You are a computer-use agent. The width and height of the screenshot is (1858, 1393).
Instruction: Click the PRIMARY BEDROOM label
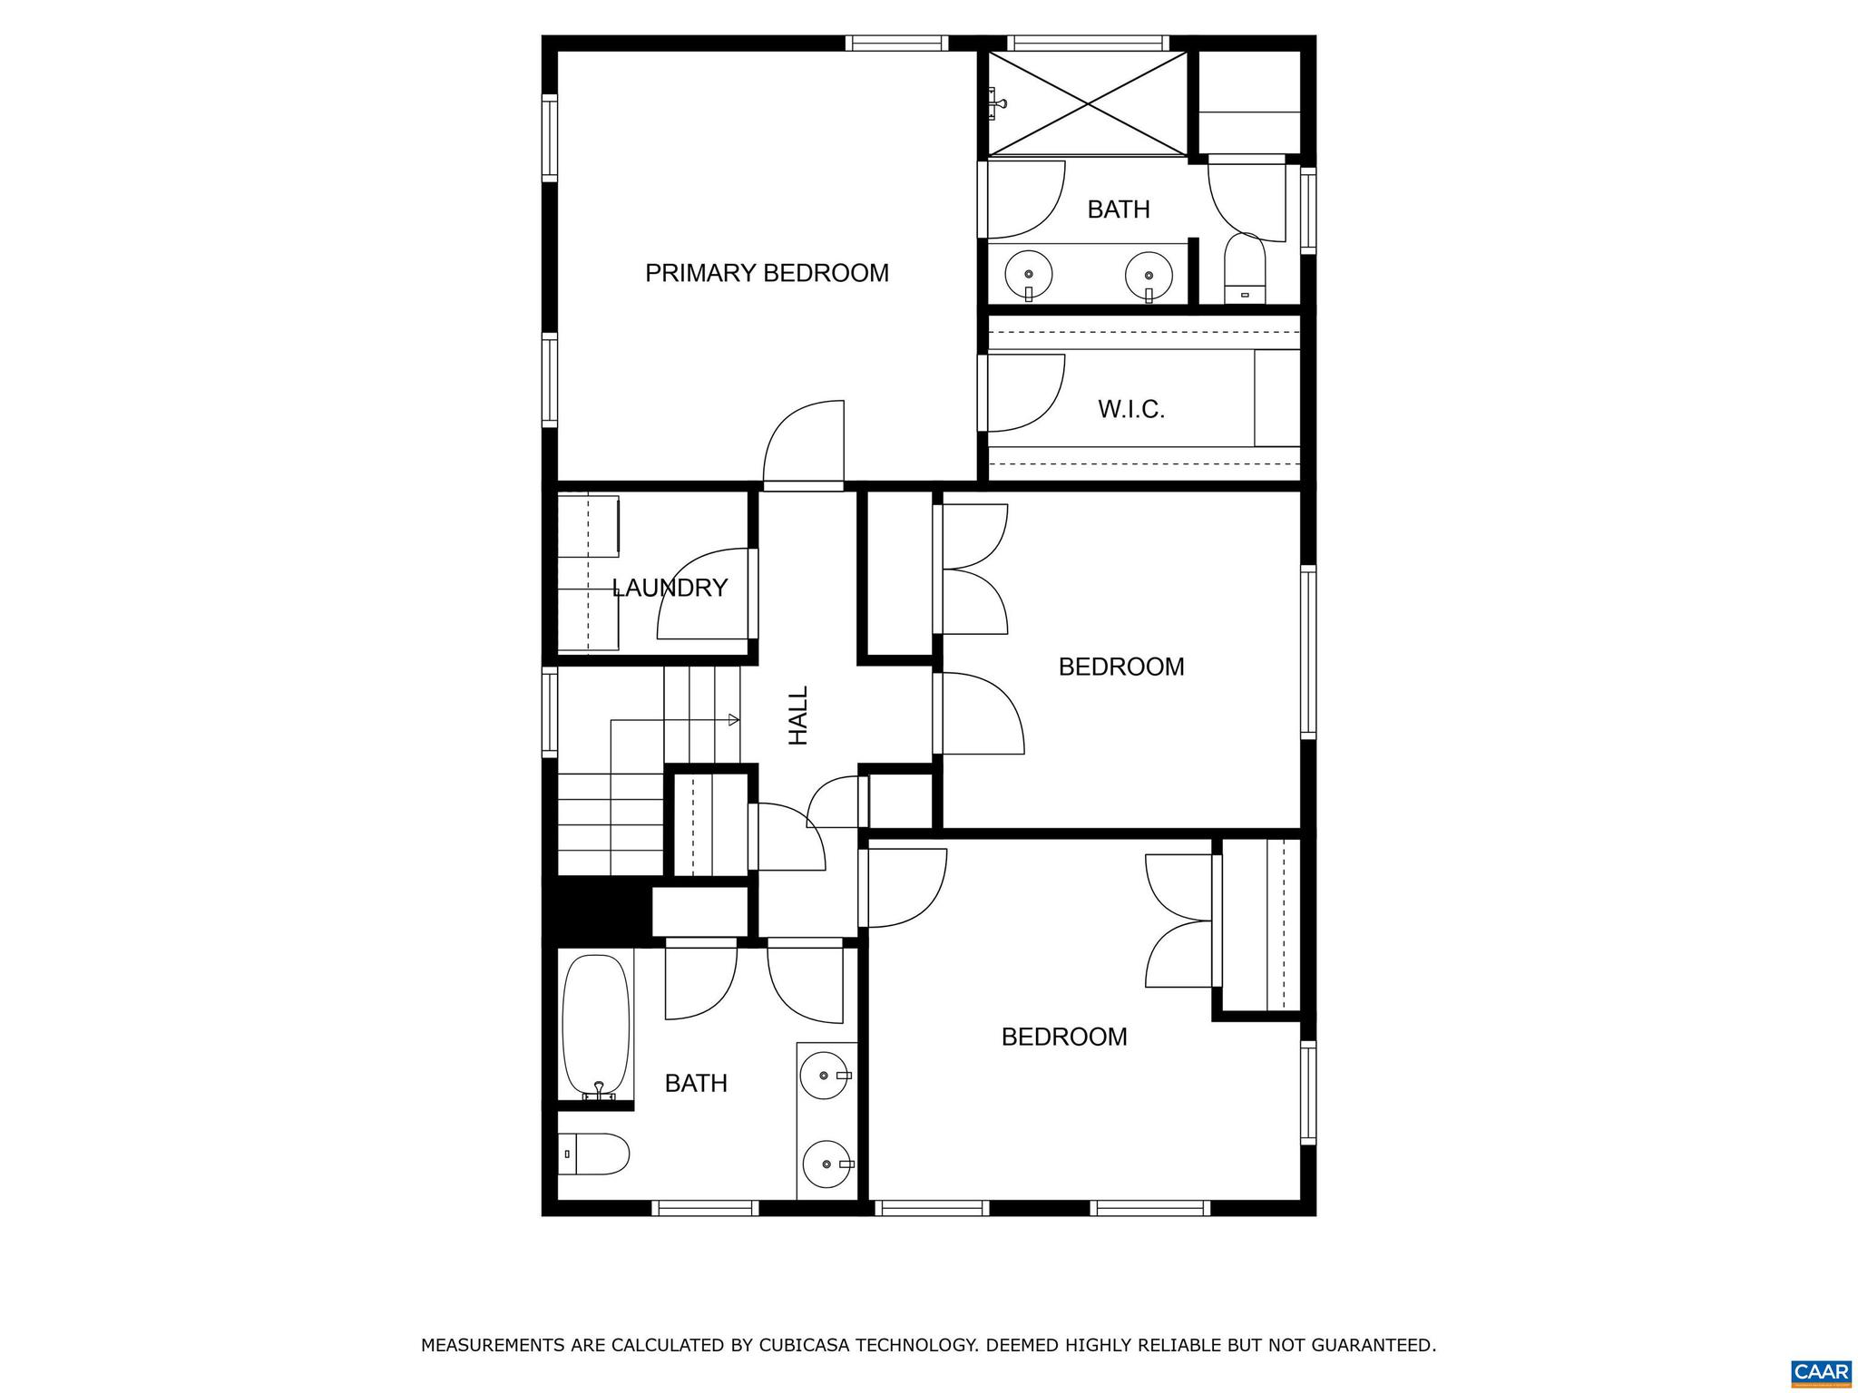click(767, 273)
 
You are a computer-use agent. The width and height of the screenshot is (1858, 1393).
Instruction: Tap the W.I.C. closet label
click(1130, 409)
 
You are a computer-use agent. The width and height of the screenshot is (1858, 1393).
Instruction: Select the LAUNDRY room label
click(670, 588)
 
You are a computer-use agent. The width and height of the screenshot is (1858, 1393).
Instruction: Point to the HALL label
click(797, 716)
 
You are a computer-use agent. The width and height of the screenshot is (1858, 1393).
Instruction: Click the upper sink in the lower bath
click(824, 1076)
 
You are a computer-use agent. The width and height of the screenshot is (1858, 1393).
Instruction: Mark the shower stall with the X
click(1087, 103)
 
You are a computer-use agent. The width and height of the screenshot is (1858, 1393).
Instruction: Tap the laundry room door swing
click(703, 594)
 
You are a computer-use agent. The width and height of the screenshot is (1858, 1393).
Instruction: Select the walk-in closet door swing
click(1023, 393)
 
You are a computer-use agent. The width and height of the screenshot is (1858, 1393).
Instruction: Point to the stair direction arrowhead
click(734, 720)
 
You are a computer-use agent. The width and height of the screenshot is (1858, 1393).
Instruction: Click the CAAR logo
click(1821, 1371)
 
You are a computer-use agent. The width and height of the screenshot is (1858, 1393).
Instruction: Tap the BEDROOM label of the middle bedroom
click(1121, 667)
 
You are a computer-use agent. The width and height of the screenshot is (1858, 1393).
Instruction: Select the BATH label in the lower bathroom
click(696, 1084)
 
